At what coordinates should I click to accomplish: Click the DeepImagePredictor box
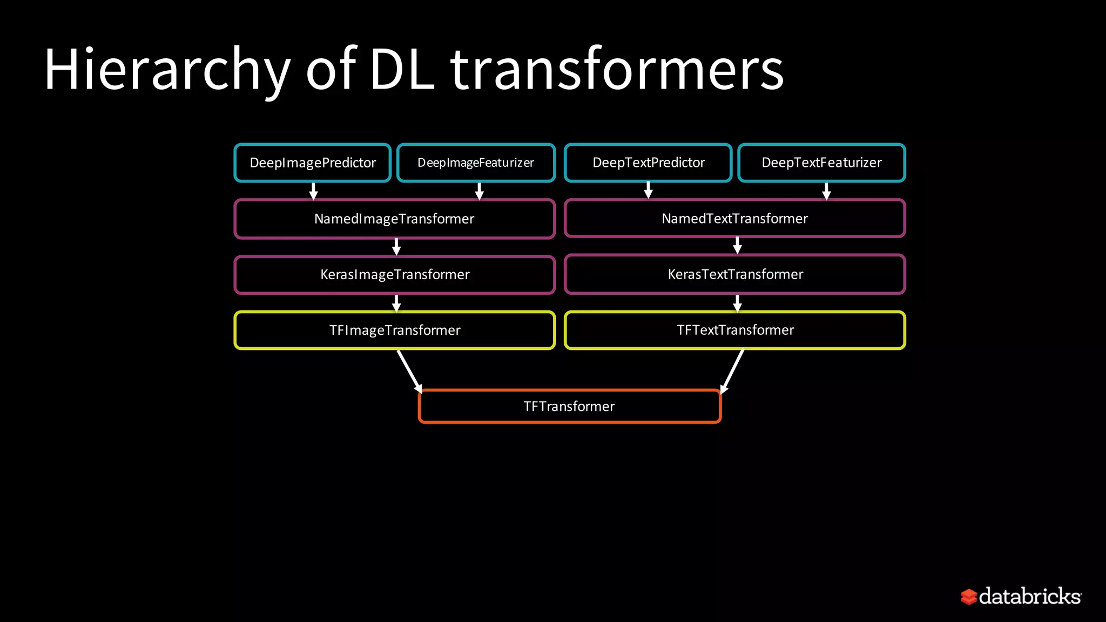(x=313, y=163)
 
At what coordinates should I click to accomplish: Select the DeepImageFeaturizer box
(x=476, y=163)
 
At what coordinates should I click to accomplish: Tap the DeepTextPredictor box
(x=648, y=163)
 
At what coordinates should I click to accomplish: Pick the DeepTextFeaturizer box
(x=821, y=163)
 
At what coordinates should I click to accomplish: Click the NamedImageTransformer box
(x=394, y=219)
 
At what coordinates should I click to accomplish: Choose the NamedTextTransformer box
(x=734, y=219)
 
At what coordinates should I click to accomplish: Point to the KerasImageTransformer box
(x=394, y=274)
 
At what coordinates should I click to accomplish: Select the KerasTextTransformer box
(x=734, y=274)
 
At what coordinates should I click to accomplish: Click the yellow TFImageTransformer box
(x=394, y=330)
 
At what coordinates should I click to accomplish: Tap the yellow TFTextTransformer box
(x=734, y=330)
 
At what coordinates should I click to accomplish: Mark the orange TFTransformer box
(x=569, y=406)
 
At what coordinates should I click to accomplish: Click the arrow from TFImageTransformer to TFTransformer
(x=409, y=371)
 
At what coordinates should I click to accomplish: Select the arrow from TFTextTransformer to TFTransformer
(x=733, y=371)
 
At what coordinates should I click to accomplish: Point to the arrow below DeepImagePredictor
(x=313, y=191)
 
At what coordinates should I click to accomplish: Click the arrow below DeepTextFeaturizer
(x=826, y=191)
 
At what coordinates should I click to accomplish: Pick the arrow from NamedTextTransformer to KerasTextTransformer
(x=738, y=246)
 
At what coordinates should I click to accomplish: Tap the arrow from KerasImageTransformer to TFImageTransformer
(x=396, y=303)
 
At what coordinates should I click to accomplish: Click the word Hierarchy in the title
(x=167, y=70)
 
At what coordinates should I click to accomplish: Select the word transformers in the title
(x=617, y=70)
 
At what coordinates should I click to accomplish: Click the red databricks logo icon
(x=969, y=597)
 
